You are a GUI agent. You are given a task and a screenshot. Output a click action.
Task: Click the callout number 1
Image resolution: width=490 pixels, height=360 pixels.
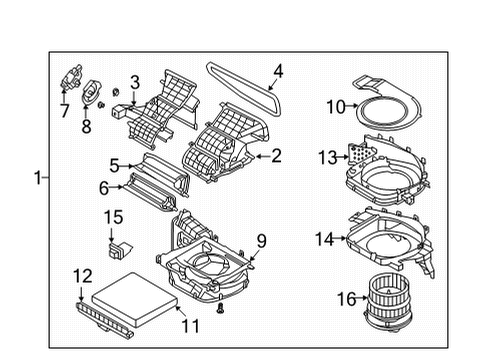tap(38, 177)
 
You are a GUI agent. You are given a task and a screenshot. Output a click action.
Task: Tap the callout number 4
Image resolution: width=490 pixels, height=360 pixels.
tap(278, 71)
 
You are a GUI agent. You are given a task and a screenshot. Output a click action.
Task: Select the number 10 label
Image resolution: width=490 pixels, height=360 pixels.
tap(335, 107)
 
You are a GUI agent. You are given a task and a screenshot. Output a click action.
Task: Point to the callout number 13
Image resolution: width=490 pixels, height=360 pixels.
tap(327, 157)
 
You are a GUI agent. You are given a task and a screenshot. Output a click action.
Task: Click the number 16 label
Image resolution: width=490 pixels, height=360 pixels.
tap(346, 299)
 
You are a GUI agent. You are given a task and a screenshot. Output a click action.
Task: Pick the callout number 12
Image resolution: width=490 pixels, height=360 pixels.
tap(82, 276)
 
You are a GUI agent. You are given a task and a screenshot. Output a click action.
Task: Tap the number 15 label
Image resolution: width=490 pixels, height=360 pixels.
tap(113, 217)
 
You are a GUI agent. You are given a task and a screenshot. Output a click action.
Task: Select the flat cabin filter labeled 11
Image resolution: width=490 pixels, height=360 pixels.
tap(136, 299)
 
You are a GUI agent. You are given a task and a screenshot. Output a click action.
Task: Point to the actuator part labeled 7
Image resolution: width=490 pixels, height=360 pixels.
tap(71, 77)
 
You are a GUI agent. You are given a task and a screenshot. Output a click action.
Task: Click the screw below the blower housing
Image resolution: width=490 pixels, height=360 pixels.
tap(220, 308)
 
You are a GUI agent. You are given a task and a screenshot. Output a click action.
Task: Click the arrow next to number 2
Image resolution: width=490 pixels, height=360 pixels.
tap(262, 156)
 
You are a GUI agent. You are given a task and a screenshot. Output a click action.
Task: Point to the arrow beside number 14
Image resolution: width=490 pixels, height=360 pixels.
tap(339, 238)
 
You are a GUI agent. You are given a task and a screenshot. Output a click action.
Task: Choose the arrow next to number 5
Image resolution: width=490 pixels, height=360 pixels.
tap(126, 165)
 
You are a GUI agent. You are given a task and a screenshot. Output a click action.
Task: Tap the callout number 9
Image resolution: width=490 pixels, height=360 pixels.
tap(262, 241)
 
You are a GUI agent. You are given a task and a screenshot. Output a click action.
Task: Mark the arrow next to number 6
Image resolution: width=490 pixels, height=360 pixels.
tap(116, 187)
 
